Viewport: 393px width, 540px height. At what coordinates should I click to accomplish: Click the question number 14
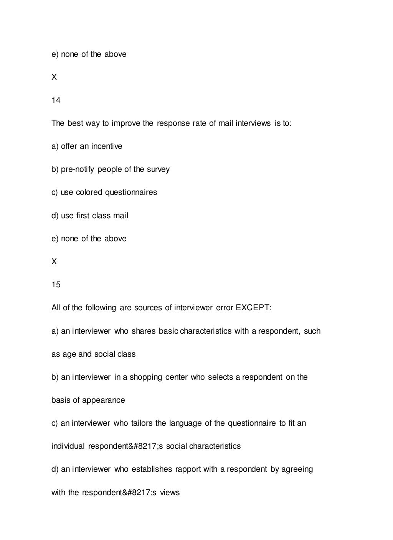tap(56, 100)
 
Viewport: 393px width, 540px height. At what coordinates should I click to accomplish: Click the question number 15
tap(56, 285)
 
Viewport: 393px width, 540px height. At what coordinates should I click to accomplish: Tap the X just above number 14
tap(54, 77)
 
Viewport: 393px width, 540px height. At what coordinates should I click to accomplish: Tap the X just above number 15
tap(54, 262)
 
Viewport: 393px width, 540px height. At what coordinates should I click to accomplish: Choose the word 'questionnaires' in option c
tap(131, 193)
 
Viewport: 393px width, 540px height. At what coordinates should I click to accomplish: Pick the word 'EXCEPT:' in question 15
tap(253, 308)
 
